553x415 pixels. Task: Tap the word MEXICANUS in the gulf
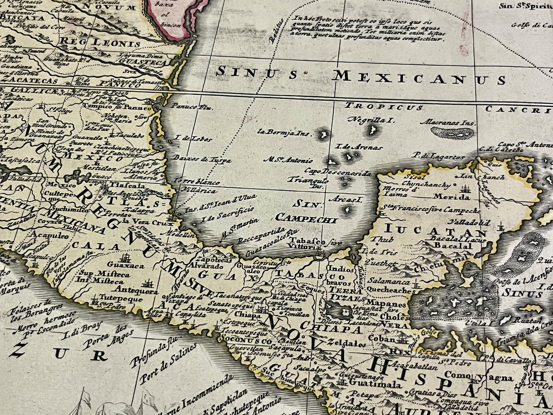[x=419, y=78]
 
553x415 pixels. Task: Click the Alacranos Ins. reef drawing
[x=452, y=133]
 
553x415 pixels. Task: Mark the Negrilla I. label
[x=370, y=120]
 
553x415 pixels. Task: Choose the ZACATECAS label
[x=29, y=81]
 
